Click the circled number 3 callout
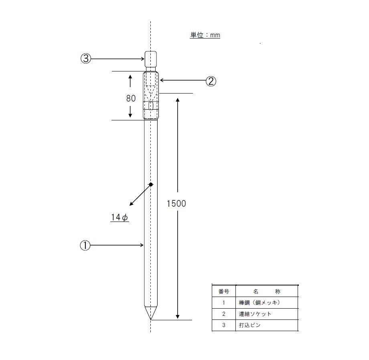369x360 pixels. click(86, 58)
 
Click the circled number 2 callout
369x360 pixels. click(211, 81)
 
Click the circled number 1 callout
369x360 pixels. click(85, 245)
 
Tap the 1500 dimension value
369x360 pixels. click(176, 203)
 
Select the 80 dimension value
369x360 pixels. click(131, 98)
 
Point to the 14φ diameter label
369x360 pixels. click(120, 217)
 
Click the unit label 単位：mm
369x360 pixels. click(205, 35)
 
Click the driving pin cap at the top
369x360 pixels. click(151, 59)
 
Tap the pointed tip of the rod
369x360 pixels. click(151, 320)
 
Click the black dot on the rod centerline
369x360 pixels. click(151, 184)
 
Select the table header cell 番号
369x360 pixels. click(223, 291)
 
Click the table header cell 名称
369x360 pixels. click(267, 291)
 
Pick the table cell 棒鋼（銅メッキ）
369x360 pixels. click(260, 303)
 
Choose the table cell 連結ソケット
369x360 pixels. click(255, 314)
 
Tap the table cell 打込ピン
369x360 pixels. click(250, 325)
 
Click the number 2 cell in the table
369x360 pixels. click(223, 314)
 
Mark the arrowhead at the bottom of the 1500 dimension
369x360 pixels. click(178, 316)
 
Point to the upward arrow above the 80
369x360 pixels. click(130, 81)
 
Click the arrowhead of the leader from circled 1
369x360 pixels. click(142, 245)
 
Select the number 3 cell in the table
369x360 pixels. click(223, 325)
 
